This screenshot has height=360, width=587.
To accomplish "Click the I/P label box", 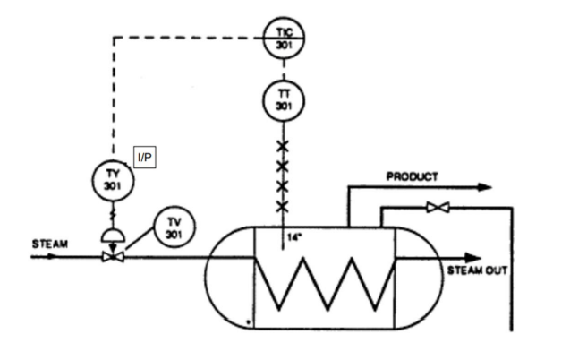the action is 145,158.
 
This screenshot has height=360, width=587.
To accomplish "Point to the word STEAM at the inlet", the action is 50,244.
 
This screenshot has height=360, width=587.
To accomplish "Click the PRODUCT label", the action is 413,176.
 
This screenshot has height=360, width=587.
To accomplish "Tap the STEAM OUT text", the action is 477,270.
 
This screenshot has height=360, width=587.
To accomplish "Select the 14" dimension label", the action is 294,237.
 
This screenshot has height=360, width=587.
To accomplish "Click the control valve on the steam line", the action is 113,257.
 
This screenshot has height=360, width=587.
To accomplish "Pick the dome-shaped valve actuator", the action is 113,236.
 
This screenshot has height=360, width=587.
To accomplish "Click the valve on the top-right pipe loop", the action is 438,207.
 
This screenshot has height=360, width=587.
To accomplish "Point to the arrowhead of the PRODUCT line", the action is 485,187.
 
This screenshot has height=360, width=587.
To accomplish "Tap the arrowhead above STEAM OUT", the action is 472,258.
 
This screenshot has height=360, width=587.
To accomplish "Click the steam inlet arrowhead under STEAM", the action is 50,257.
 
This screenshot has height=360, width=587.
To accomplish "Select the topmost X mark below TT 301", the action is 283,147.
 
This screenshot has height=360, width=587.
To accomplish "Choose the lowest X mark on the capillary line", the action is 283,206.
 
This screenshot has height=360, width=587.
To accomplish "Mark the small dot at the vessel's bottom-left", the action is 248,321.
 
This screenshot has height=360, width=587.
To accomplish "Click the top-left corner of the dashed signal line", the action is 114,38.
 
